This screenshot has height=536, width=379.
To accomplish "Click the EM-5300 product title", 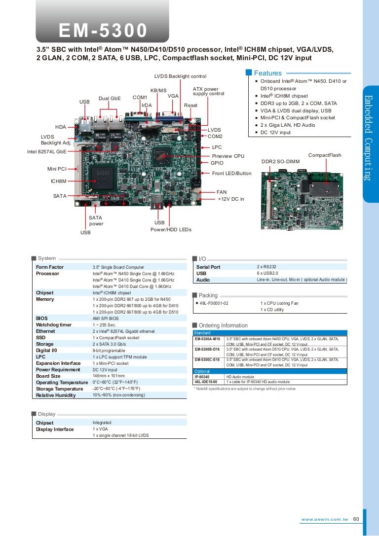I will pyautogui.click(x=103, y=31).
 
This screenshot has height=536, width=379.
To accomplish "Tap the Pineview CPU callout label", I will pyautogui.click(x=228, y=156).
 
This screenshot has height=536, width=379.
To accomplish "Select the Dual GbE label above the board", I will pyautogui.click(x=110, y=98).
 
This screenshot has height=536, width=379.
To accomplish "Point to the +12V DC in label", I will pyautogui.click(x=231, y=199).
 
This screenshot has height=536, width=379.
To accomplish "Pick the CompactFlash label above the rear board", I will pyautogui.click(x=325, y=155).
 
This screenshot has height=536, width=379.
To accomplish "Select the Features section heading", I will pyautogui.click(x=267, y=73).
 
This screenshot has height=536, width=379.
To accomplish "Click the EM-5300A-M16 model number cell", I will pyautogui.click(x=207, y=340).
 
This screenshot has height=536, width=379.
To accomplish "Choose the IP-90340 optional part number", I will pyautogui.click(x=202, y=376).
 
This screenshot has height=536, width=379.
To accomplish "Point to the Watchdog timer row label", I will pyautogui.click(x=54, y=325).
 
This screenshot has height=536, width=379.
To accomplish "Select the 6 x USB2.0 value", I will pyautogui.click(x=268, y=273).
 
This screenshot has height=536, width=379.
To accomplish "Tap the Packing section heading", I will pyautogui.click(x=208, y=295).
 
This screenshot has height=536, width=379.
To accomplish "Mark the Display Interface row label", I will pyautogui.click(x=55, y=429).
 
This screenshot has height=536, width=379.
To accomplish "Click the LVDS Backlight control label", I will pyautogui.click(x=180, y=76).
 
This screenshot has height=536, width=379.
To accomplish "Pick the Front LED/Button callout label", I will pyautogui.click(x=231, y=174).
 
